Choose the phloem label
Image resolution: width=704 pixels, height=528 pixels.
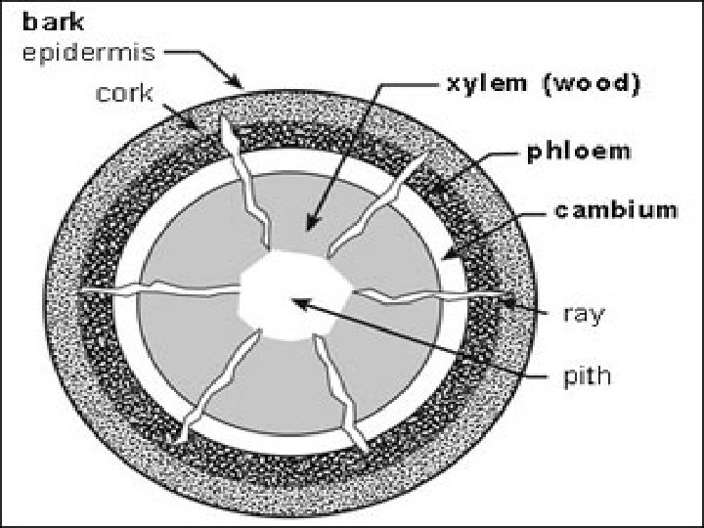579,153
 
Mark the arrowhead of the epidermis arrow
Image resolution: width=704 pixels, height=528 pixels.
240,85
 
